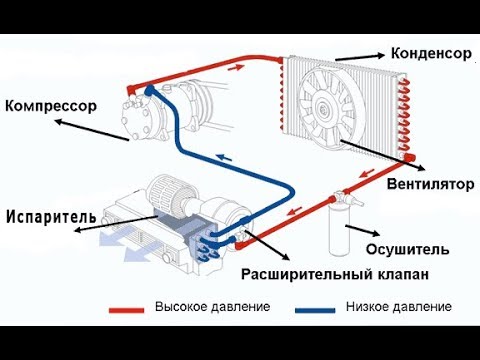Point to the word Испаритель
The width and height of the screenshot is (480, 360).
point(51,215)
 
